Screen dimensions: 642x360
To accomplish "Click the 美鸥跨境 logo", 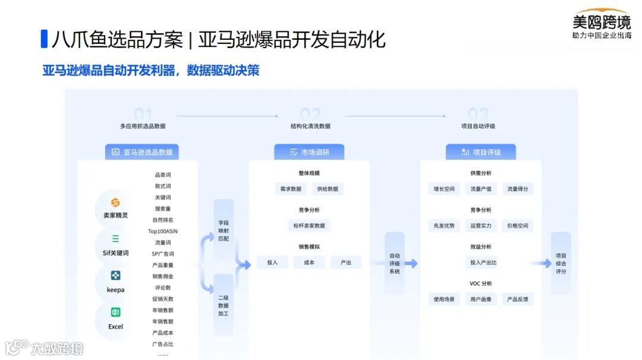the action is [x=602, y=23].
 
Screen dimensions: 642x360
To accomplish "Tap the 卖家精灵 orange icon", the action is [x=115, y=203].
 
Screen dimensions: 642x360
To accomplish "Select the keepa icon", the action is [x=115, y=276].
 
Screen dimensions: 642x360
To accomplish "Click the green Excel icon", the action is [x=115, y=312].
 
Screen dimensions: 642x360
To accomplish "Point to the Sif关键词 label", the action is [x=115, y=252].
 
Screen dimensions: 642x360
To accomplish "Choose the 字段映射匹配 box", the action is [x=223, y=230].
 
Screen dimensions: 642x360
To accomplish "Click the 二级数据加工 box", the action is [x=223, y=305].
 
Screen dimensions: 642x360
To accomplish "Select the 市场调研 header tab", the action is [x=309, y=152].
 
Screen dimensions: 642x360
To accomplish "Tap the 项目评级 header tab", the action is [x=481, y=152].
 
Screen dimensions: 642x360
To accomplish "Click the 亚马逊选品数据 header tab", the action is [x=142, y=152].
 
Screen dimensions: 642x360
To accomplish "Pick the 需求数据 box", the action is [x=291, y=189].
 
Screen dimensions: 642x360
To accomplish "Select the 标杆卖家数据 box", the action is [x=309, y=226].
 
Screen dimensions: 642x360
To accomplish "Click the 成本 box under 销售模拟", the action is [x=309, y=263].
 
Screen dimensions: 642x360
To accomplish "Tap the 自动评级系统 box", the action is [x=395, y=263].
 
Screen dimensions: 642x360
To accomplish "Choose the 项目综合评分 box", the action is [x=561, y=263].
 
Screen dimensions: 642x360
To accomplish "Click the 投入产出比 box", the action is [x=483, y=263].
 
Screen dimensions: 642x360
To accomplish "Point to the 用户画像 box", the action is [x=481, y=299].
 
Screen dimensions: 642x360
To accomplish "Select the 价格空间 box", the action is [x=517, y=226].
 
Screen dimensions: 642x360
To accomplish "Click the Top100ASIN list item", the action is [x=163, y=231].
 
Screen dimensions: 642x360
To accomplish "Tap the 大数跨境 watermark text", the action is [x=57, y=348].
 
